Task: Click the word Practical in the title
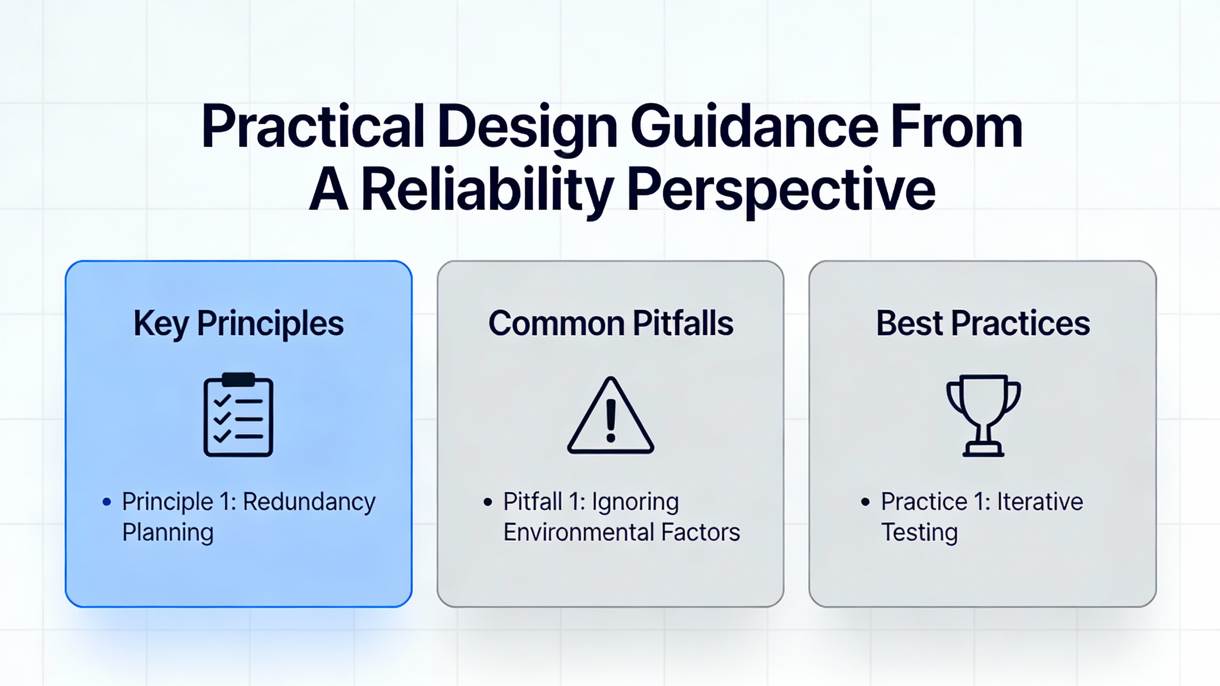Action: [313, 127]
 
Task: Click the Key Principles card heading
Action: [238, 324]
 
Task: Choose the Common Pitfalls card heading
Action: [610, 323]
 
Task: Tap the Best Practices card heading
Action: [983, 323]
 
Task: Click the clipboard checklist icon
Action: [238, 414]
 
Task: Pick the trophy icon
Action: [983, 415]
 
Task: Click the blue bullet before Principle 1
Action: [107, 502]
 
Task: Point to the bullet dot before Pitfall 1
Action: [487, 502]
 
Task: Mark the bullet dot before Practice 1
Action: [865, 502]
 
